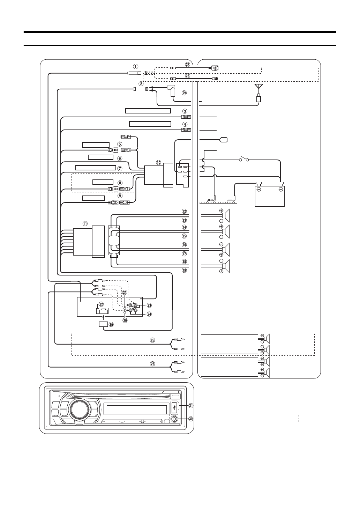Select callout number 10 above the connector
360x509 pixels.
click(x=159, y=162)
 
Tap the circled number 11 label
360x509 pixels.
click(x=85, y=223)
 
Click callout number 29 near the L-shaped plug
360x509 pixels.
click(x=185, y=93)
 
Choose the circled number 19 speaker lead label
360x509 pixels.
click(x=184, y=270)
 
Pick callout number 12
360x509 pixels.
click(x=184, y=211)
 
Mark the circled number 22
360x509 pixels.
click(x=102, y=304)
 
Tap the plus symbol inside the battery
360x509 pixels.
click(x=280, y=190)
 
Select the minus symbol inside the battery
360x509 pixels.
click(x=259, y=190)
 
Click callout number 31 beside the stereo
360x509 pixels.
click(x=190, y=406)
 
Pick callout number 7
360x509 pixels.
click(x=120, y=168)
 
